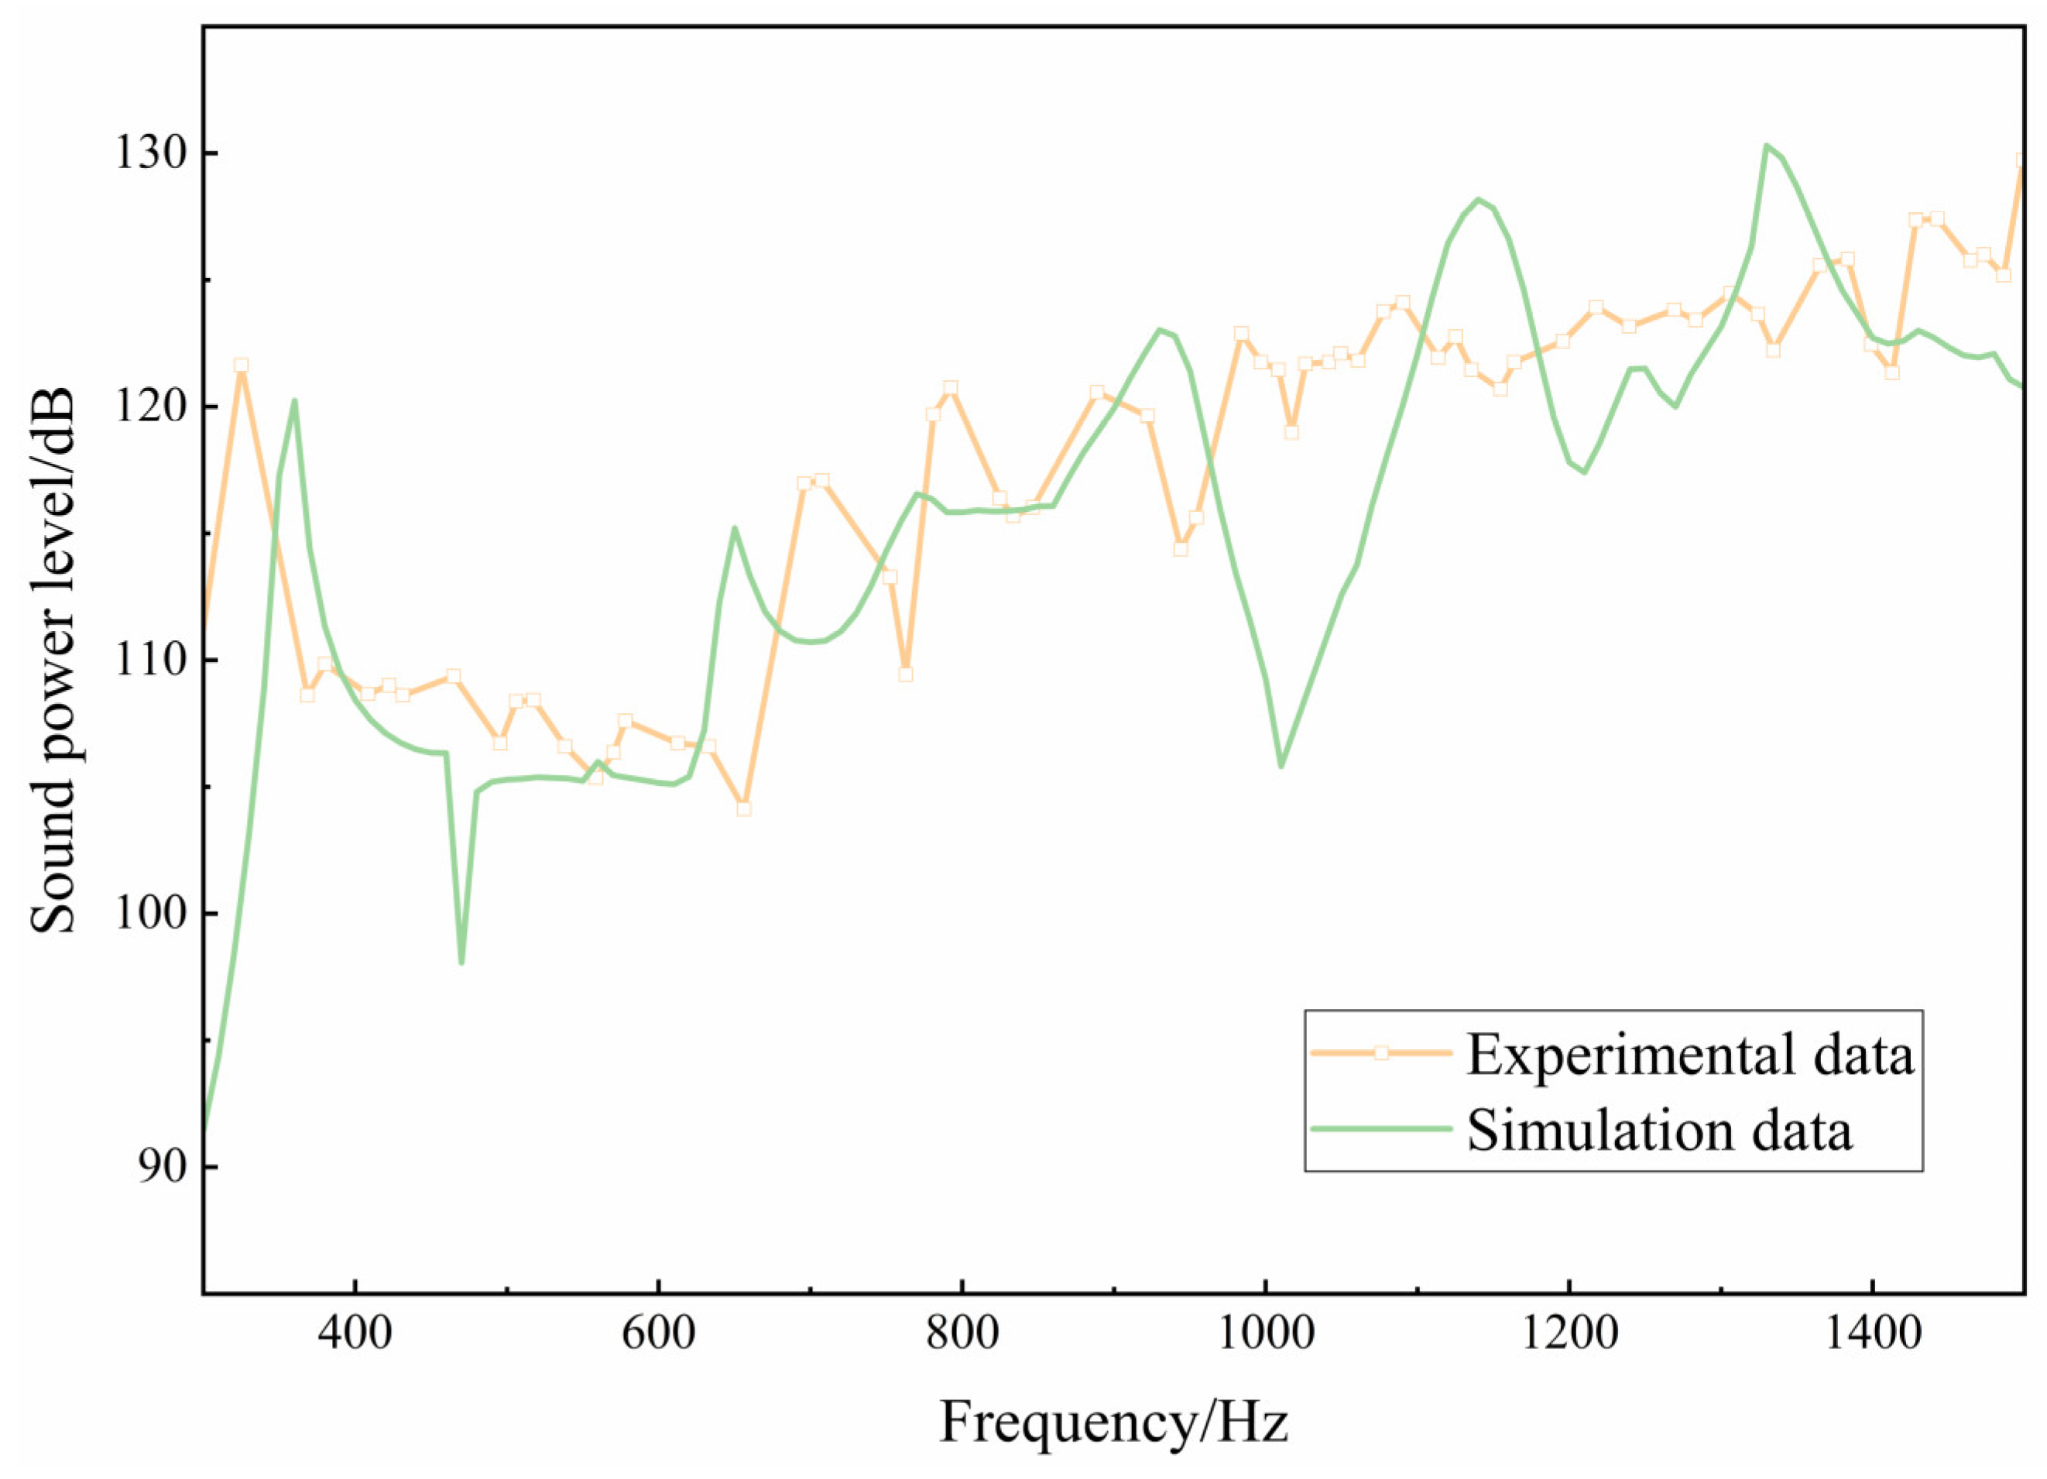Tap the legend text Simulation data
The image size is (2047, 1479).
point(1659,1130)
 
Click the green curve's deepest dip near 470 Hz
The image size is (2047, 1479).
point(461,963)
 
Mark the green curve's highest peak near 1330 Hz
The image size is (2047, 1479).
point(1765,145)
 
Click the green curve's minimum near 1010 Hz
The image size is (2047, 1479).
point(1281,767)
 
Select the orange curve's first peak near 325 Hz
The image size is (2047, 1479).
point(240,365)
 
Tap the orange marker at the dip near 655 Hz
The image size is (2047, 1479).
point(742,808)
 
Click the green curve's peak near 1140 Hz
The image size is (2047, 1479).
point(1477,199)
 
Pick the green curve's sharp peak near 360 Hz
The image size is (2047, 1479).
point(294,400)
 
